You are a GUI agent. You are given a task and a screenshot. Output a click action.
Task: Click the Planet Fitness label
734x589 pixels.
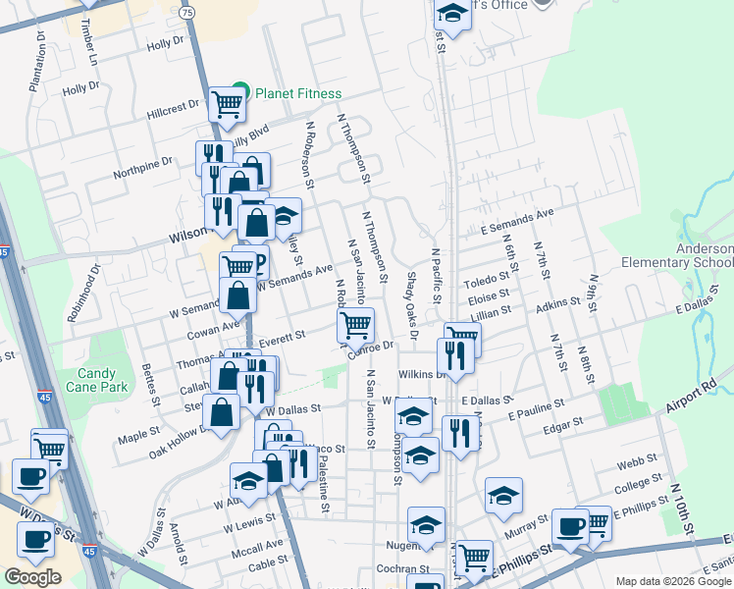tap(298, 94)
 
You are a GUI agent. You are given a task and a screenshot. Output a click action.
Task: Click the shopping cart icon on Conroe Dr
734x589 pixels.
tap(355, 325)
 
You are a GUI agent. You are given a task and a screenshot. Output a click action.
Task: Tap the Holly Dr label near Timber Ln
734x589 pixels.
tap(165, 43)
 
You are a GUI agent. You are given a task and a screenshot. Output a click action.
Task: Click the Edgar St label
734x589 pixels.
tap(564, 423)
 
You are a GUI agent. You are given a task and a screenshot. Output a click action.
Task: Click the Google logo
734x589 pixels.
tap(32, 577)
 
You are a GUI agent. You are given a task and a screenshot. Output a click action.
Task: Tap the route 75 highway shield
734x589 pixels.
tap(186, 12)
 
